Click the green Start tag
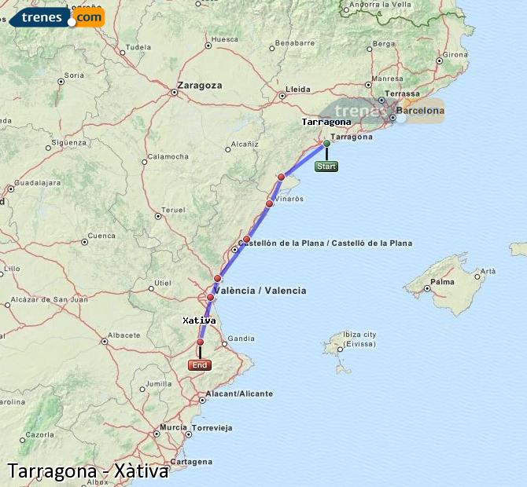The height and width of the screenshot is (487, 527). [x=326, y=167]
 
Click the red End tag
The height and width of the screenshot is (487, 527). [x=200, y=365]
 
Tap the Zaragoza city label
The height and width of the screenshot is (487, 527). [x=200, y=85]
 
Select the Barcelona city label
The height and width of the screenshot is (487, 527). [x=420, y=111]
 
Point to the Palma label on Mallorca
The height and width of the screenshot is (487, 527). [x=442, y=281]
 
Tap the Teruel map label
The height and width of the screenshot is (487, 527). [x=172, y=211]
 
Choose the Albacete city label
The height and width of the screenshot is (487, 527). [x=123, y=335]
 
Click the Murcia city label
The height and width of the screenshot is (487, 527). [x=173, y=427]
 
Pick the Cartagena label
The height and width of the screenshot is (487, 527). [x=192, y=462]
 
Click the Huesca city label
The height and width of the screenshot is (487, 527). [x=225, y=38]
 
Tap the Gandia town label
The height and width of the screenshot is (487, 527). [x=241, y=339]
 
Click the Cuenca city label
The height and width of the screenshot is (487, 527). [x=101, y=236]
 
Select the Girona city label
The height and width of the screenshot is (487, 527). [x=455, y=55]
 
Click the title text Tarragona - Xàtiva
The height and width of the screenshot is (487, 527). [x=88, y=471]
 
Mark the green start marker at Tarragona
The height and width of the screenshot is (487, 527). [x=326, y=143]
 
